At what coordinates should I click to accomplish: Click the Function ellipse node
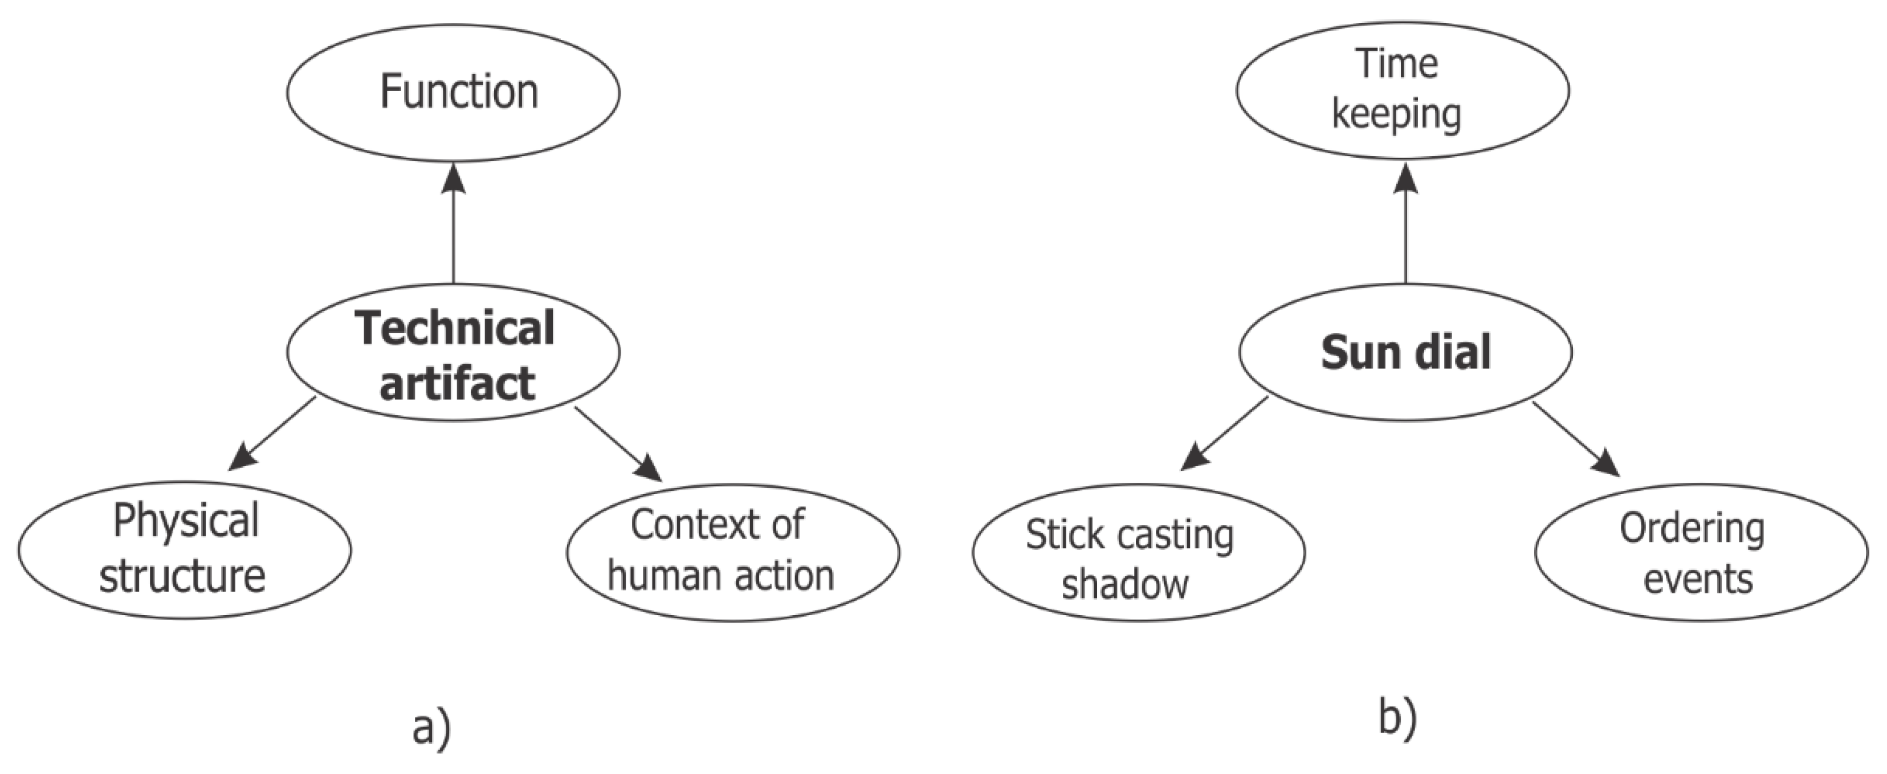coord(453,93)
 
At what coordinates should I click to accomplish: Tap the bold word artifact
coord(457,383)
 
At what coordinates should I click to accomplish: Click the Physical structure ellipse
coord(185,550)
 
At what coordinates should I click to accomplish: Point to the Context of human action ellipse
coord(732,552)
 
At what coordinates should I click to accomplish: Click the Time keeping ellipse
coord(1402,90)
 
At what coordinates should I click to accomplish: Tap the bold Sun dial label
coord(1405,352)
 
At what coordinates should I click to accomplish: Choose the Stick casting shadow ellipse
coord(1138,553)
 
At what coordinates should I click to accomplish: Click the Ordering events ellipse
coord(1701,553)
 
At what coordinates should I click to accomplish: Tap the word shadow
coord(1125,584)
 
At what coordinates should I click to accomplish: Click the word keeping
coord(1396,114)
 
